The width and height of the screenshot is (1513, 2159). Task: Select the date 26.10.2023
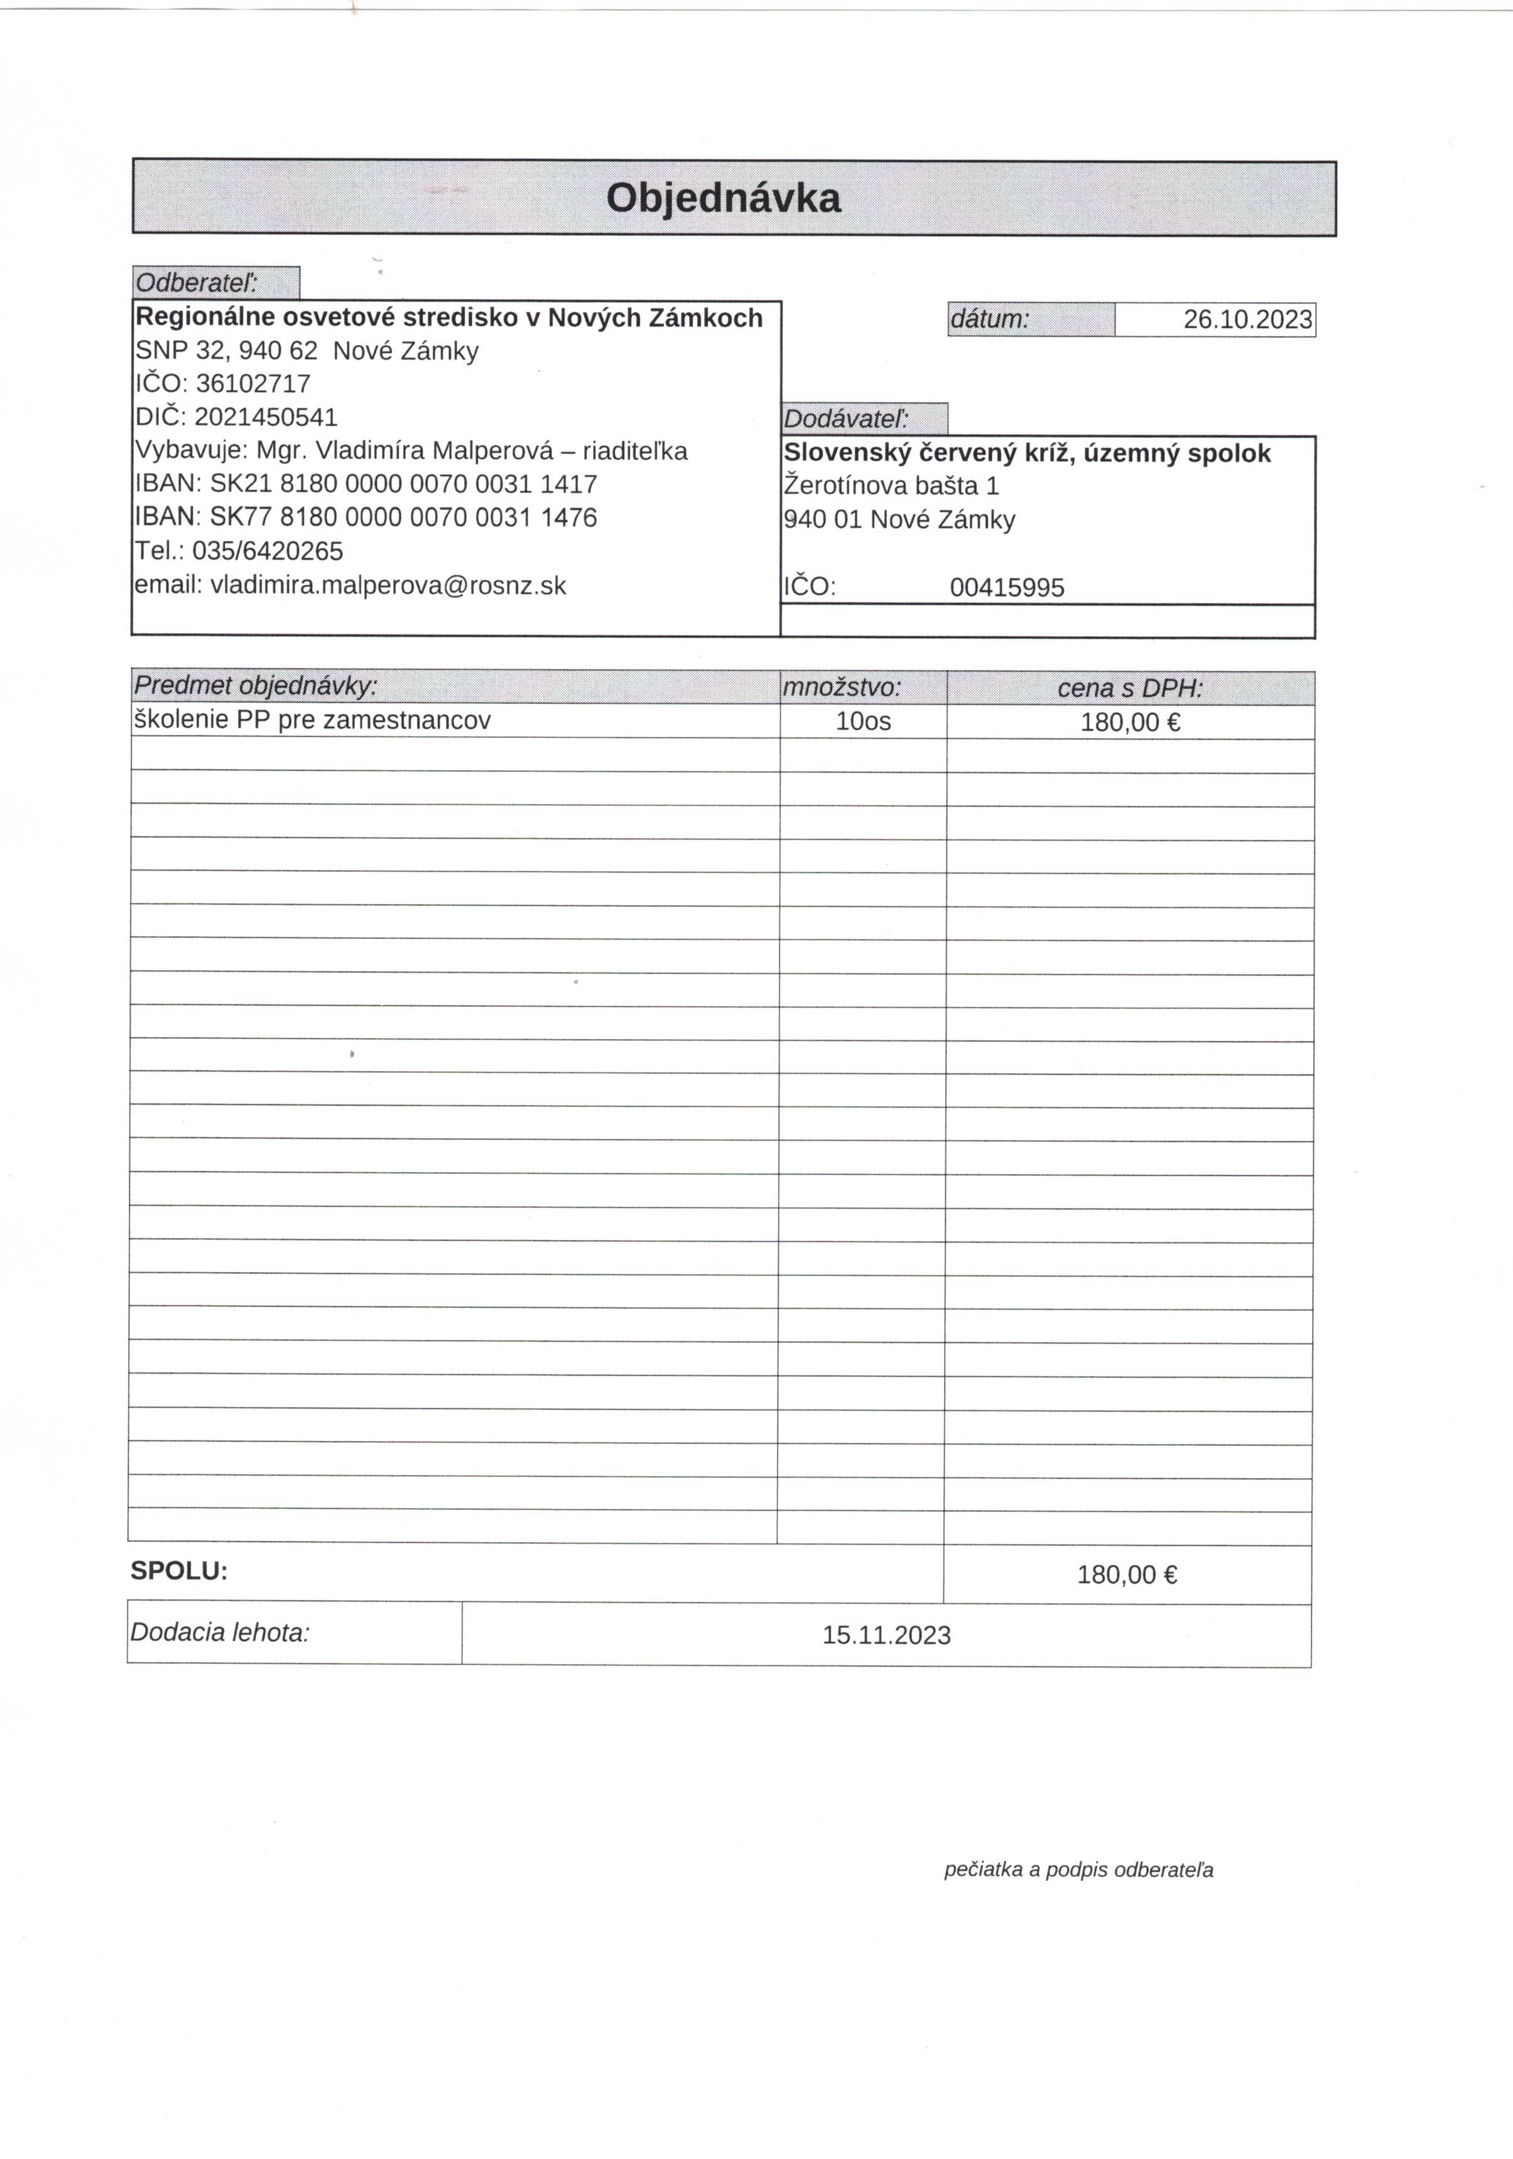tap(1247, 320)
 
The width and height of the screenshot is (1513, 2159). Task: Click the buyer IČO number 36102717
tap(253, 384)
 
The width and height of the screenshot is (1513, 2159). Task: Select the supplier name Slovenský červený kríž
tap(1027, 454)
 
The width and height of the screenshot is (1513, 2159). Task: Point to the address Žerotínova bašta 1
tap(891, 486)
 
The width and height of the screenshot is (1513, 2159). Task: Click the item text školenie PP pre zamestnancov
tap(312, 721)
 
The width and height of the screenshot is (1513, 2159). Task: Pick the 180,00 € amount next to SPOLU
tap(1127, 1574)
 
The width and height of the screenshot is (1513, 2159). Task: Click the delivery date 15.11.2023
tap(886, 1635)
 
